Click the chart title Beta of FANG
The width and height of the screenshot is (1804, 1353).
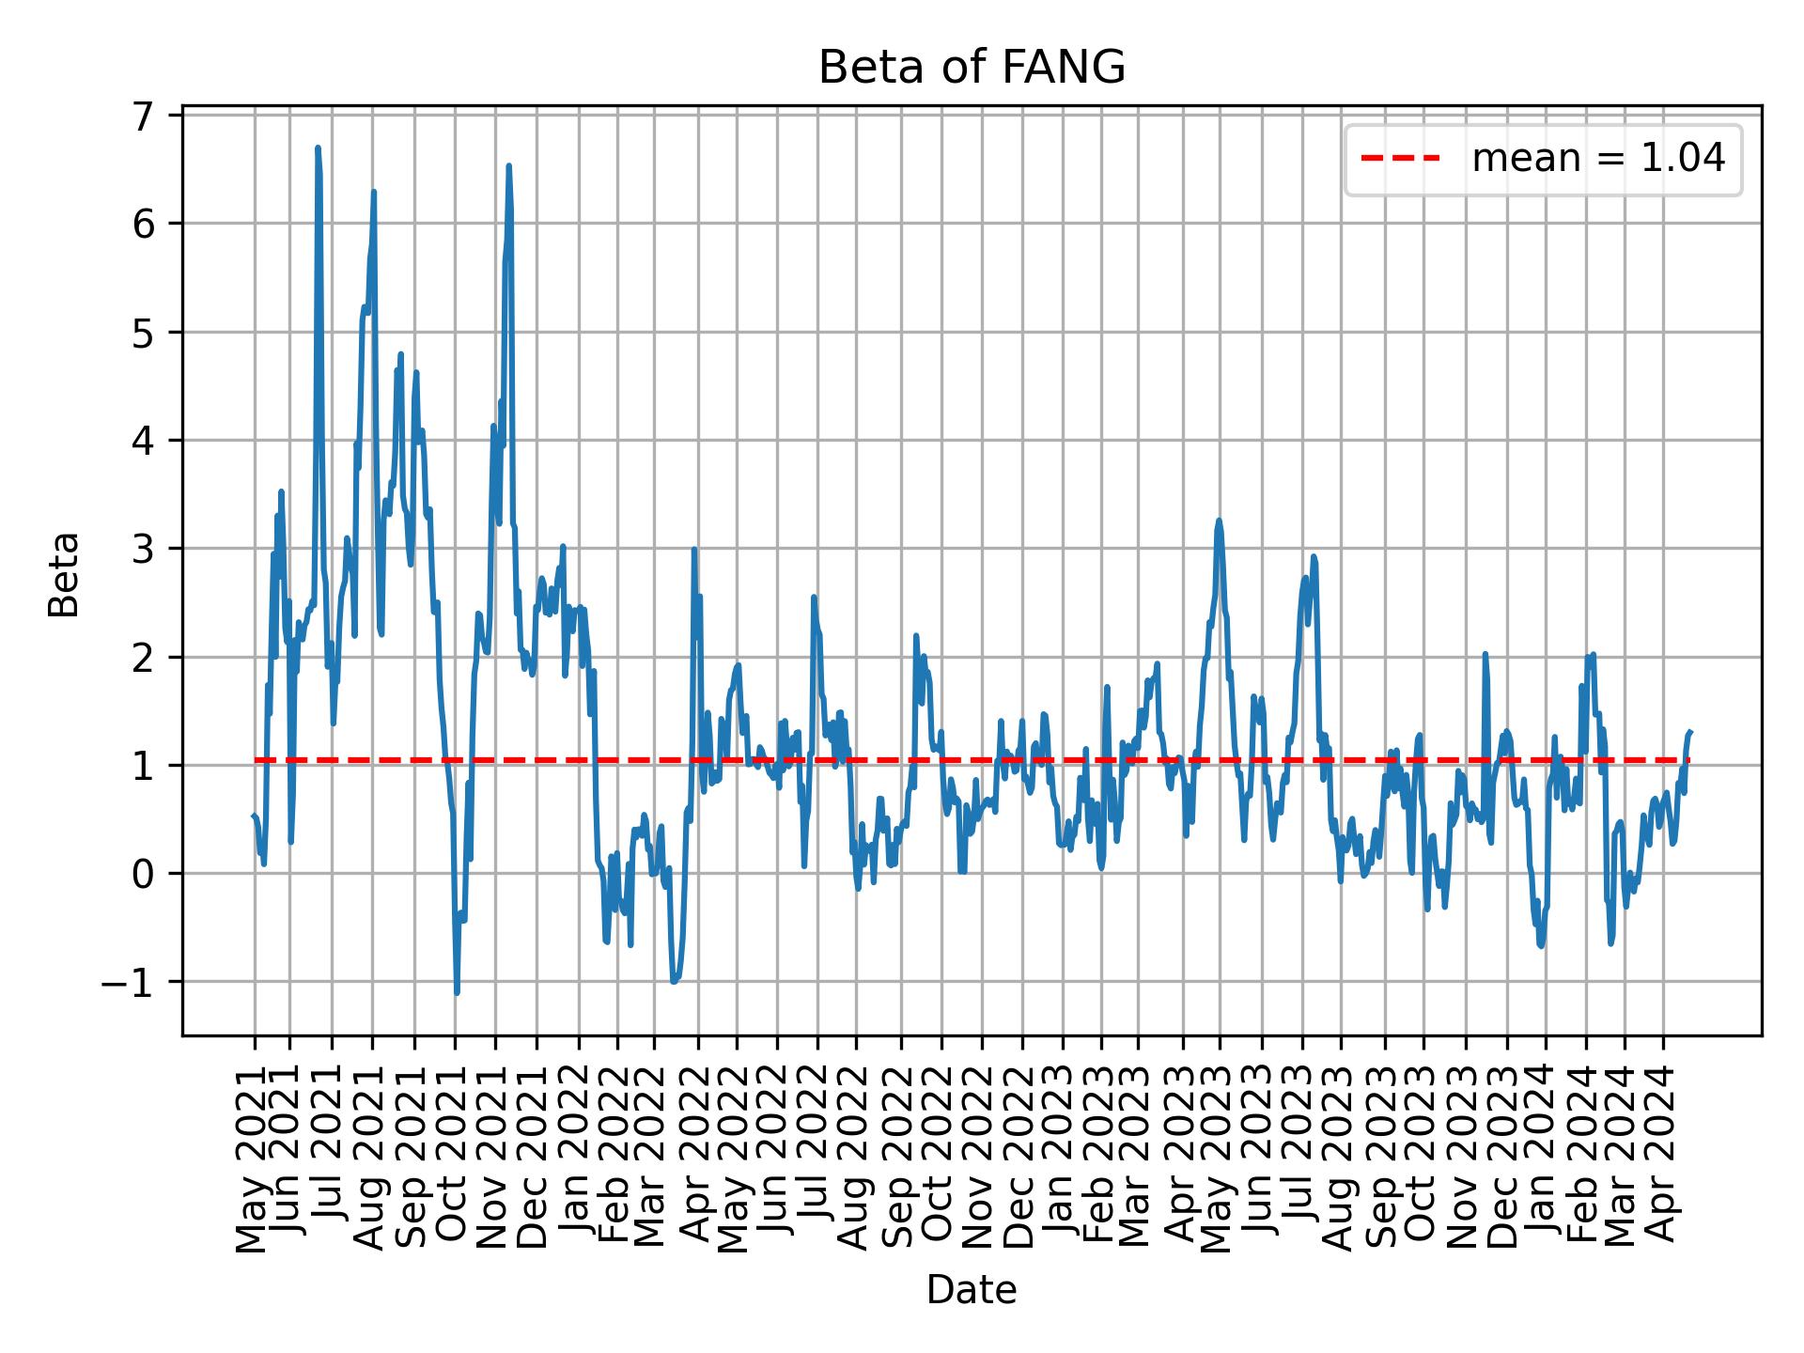click(x=972, y=68)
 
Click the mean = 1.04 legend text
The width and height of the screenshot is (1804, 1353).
click(x=1598, y=159)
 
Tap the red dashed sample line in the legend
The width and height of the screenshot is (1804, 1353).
click(x=1400, y=159)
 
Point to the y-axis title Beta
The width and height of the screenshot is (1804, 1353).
click(x=64, y=574)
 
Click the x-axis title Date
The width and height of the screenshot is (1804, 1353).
click(x=972, y=1290)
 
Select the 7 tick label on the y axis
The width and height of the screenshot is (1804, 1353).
click(x=142, y=117)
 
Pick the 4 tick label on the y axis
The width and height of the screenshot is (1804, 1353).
click(x=142, y=441)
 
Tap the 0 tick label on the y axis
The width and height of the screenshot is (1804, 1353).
click(x=142, y=874)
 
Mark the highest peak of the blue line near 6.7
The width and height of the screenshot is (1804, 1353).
click(x=318, y=148)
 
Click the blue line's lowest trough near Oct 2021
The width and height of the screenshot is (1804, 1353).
click(x=457, y=992)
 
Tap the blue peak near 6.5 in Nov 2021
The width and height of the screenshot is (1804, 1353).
click(x=508, y=166)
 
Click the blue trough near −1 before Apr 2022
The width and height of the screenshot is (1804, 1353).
click(x=674, y=982)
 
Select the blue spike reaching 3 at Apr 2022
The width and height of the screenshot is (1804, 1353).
click(x=693, y=550)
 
